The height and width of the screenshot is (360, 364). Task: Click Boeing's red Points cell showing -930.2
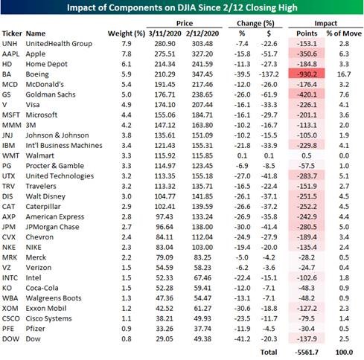point(307,74)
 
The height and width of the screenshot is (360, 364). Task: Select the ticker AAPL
point(10,54)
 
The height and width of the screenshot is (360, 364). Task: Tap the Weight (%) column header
point(127,33)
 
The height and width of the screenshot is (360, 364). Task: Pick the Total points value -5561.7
point(307,352)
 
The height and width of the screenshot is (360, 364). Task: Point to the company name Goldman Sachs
point(51,94)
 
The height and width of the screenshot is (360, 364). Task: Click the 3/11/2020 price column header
point(165,33)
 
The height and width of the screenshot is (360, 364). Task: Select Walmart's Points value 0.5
point(307,155)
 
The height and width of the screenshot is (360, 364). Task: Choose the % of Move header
point(344,33)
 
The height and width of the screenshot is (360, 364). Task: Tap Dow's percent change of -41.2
point(242,338)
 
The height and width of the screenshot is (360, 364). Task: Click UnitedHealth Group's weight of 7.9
point(127,44)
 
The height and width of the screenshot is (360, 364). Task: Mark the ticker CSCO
point(11,318)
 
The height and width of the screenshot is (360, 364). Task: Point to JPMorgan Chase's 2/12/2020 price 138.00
point(202,227)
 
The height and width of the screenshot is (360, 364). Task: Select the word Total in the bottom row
point(269,352)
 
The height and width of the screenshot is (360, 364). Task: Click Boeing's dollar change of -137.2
point(269,74)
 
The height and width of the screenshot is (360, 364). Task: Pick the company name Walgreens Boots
point(54,298)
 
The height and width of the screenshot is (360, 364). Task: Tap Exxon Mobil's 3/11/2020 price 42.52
point(165,308)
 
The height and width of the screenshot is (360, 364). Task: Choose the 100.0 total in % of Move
point(344,352)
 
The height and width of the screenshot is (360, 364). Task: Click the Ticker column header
point(12,33)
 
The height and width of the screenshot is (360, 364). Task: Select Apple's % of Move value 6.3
point(344,54)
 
